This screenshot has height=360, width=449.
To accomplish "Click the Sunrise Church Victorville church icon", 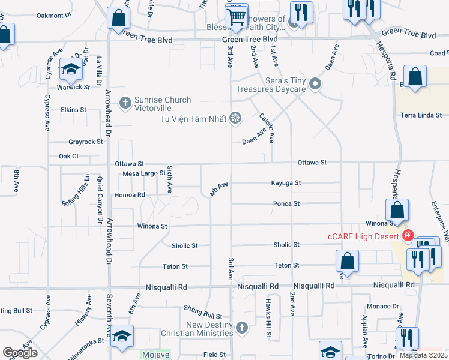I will point(125,103).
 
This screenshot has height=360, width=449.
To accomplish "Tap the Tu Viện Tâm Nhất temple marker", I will point(236,118).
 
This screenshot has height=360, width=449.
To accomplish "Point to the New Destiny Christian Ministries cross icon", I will point(241,328).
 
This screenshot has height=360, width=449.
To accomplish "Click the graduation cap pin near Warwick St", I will point(71,70).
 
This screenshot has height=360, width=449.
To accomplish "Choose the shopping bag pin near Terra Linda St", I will point(415,77).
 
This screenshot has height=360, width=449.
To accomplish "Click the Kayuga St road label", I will point(285,183).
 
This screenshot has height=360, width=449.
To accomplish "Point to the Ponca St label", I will point(286,204).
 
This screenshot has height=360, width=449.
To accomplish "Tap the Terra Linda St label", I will point(421,115).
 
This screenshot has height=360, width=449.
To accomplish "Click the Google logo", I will point(20,353).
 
